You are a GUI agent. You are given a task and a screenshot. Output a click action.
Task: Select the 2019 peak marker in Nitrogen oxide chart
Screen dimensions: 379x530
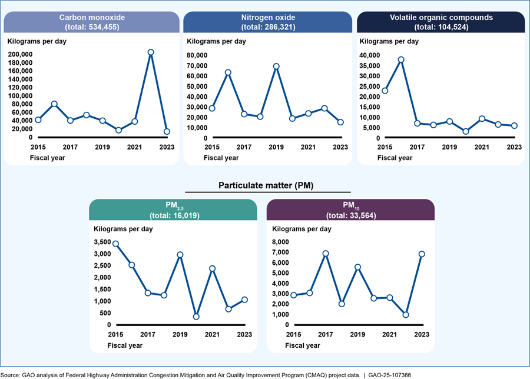coord(276,67)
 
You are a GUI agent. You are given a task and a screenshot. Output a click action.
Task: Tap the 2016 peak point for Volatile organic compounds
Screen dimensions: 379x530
coord(401,59)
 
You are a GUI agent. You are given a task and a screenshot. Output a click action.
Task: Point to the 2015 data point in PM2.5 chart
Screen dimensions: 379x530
coord(115,244)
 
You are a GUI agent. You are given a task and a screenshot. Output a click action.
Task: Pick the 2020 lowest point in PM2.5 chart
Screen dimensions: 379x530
coord(196,317)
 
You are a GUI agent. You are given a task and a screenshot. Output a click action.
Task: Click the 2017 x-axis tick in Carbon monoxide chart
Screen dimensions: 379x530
coord(71,147)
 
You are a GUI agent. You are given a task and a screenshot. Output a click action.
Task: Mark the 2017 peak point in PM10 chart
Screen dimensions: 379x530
coord(326,254)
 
